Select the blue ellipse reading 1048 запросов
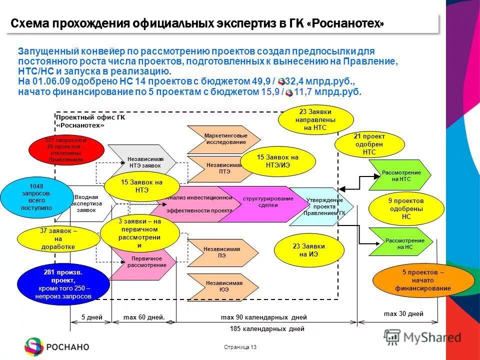(x=36, y=197)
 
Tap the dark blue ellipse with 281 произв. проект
(x=63, y=284)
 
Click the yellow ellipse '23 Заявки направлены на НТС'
(x=316, y=120)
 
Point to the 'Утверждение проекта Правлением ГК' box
(x=322, y=206)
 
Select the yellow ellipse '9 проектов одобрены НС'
(x=406, y=208)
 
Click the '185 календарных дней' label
(x=267, y=329)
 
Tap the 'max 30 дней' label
(x=403, y=314)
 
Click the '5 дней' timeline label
(x=91, y=317)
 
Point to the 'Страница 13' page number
(x=240, y=347)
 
